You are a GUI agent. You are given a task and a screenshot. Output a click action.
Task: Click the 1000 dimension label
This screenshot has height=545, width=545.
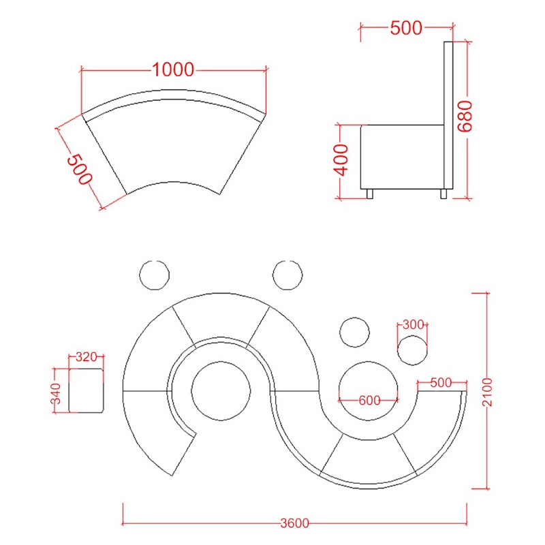click(x=173, y=69)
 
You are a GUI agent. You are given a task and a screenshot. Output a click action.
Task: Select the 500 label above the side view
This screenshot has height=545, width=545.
click(x=406, y=28)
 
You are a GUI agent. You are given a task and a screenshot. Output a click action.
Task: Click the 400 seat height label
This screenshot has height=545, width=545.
click(x=342, y=159)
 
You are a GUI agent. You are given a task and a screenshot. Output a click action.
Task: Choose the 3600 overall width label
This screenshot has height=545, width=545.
click(x=294, y=523)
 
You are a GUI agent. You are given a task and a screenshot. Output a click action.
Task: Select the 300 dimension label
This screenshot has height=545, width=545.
click(x=414, y=325)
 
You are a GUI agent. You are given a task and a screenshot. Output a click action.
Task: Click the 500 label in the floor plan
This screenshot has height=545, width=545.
click(x=441, y=383)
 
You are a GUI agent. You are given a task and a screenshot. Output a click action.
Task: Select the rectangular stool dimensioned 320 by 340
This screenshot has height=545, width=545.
click(x=87, y=390)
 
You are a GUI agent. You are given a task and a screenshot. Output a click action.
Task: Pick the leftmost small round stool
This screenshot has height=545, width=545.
click(x=154, y=275)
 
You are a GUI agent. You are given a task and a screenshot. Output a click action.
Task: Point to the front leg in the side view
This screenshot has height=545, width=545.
click(x=370, y=194)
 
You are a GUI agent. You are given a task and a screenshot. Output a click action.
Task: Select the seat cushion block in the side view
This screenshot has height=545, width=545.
click(x=401, y=157)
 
